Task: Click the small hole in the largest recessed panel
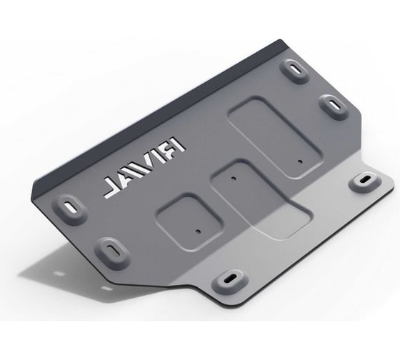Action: click(300, 161)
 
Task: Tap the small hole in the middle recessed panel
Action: click(232, 178)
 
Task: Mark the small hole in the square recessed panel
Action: click(198, 231)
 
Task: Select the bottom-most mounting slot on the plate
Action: click(230, 279)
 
